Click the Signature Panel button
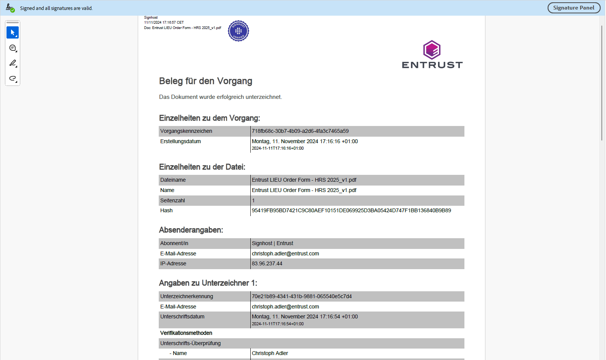[x=574, y=8]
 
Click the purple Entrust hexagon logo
[x=432, y=50]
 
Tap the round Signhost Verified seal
[x=239, y=31]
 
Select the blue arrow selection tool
[x=13, y=32]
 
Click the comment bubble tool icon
[x=13, y=48]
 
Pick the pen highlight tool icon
[x=13, y=63]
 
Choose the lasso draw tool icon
[x=13, y=78]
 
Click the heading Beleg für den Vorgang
[x=205, y=81]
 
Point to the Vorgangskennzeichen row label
[x=186, y=131]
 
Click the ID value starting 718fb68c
[x=300, y=131]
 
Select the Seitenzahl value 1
[x=253, y=200]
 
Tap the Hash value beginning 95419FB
[x=351, y=210]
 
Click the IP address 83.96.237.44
[x=267, y=263]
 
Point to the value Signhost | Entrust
[x=272, y=243]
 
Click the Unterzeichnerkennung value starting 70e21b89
[x=301, y=296]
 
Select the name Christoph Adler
[x=270, y=353]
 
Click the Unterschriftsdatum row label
[x=182, y=316]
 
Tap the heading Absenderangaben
[x=191, y=230]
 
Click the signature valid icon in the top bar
[x=10, y=8]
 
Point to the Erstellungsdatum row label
[x=181, y=141]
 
